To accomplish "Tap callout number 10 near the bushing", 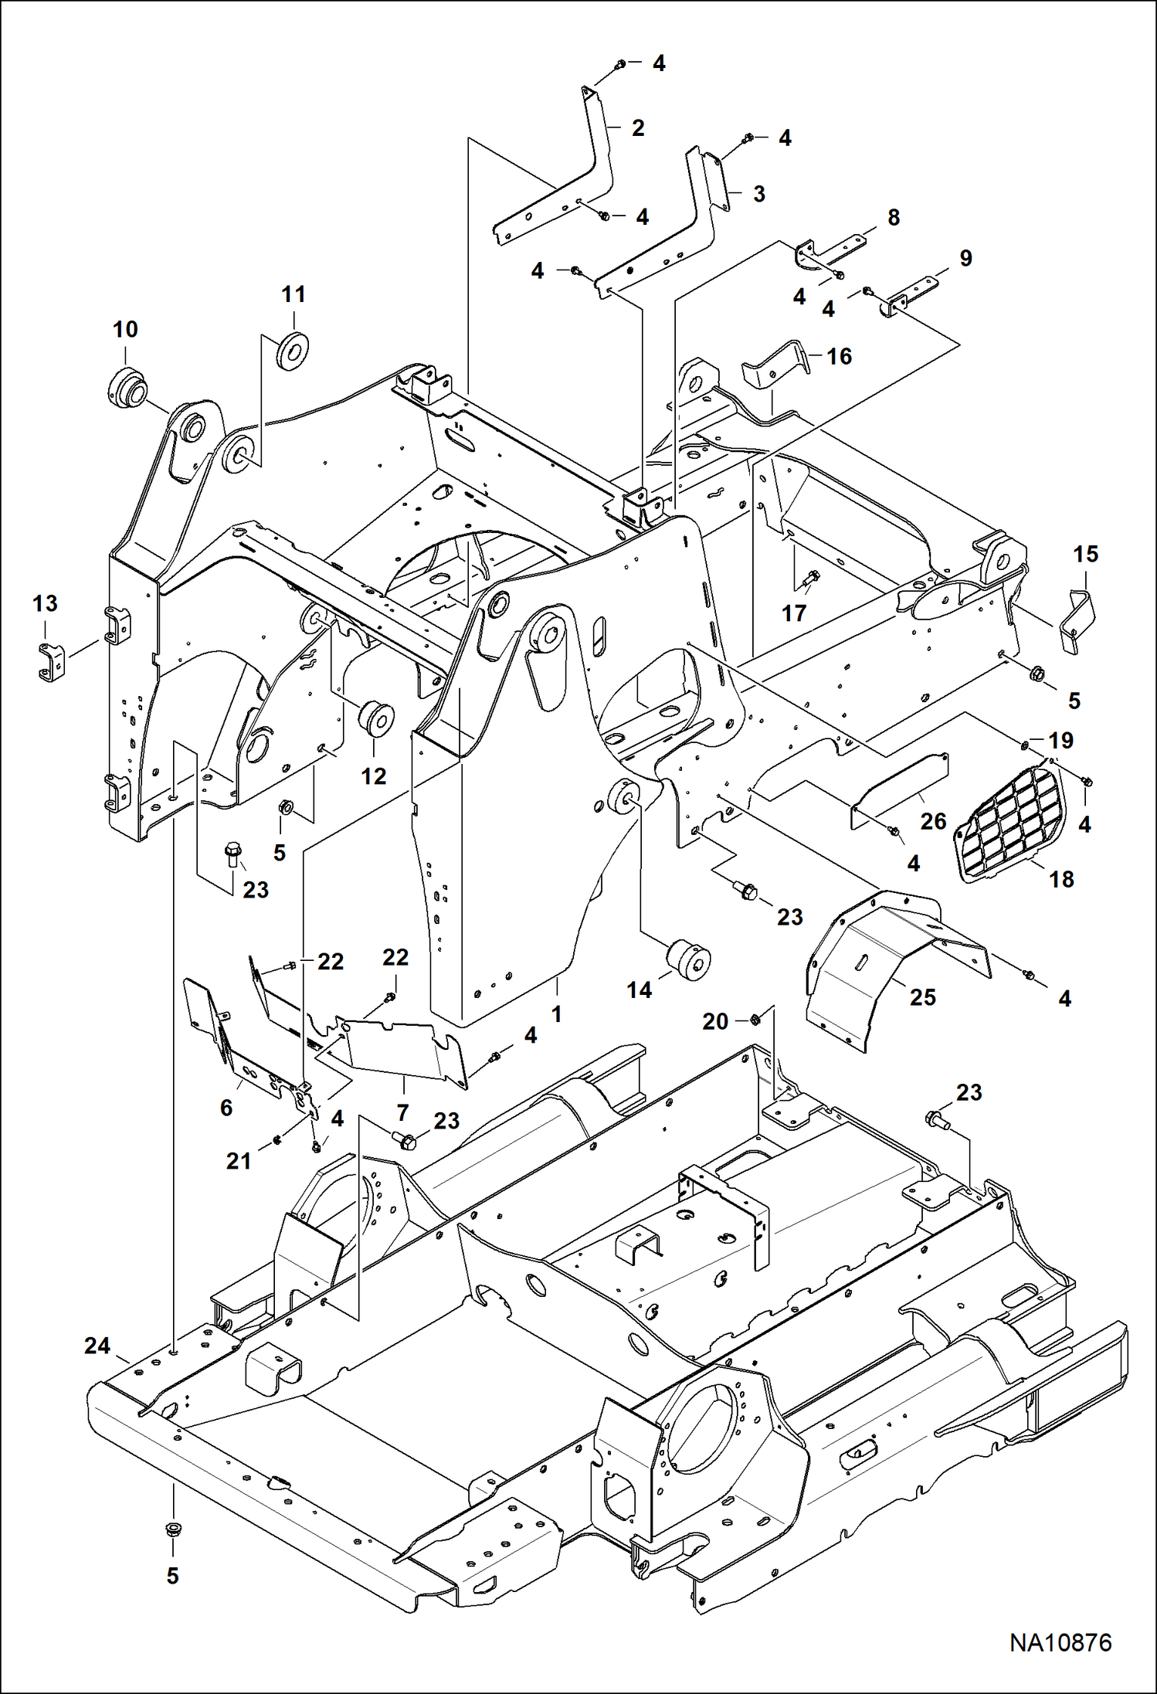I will [125, 330].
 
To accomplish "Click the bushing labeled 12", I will [376, 718].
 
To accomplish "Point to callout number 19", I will [1061, 740].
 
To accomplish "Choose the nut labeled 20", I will [756, 1020].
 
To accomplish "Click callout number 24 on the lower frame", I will [97, 1346].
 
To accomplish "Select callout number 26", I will [933, 820].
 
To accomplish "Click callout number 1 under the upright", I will [556, 1013].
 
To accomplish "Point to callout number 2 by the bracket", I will [637, 127].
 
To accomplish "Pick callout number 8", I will [894, 218].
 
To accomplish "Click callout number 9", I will [965, 259].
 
